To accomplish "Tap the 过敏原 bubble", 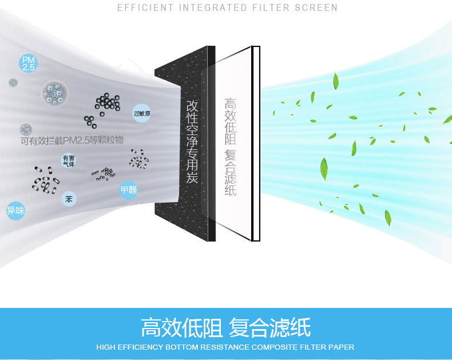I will click(x=142, y=113).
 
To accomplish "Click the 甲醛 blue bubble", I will click(x=129, y=190).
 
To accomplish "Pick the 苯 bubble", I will click(x=69, y=199).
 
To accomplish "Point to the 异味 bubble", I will click(x=15, y=211).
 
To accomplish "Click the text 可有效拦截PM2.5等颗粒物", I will click(x=72, y=140).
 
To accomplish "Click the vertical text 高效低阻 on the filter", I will click(x=230, y=121).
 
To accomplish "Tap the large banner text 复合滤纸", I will click(x=269, y=328).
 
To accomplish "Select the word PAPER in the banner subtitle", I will click(x=342, y=347).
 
